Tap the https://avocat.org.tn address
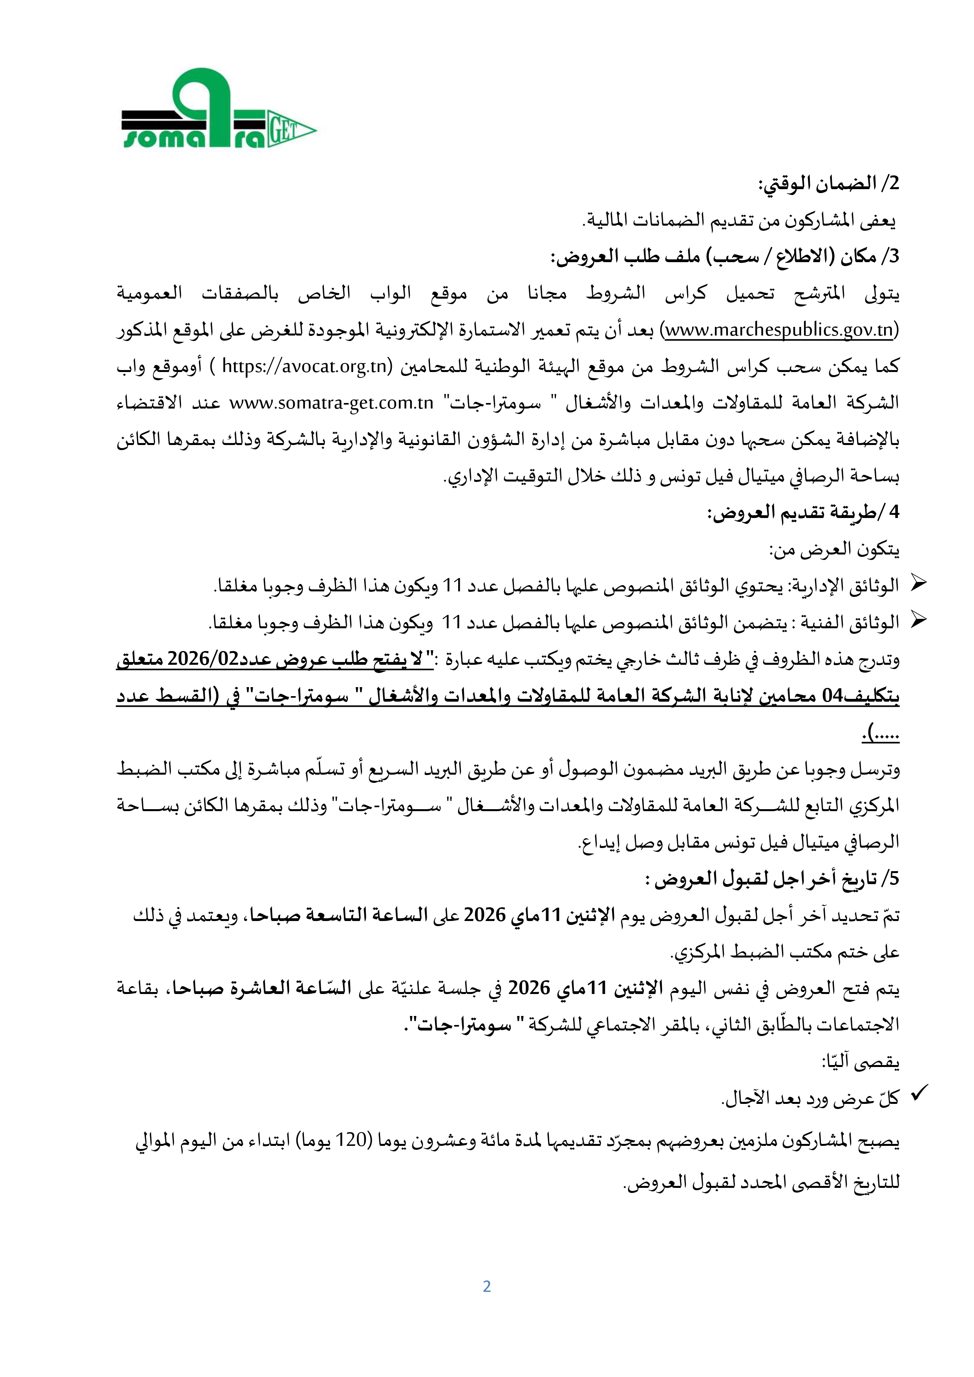(x=303, y=367)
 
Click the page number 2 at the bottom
(x=487, y=1286)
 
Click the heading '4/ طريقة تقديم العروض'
(x=803, y=513)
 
